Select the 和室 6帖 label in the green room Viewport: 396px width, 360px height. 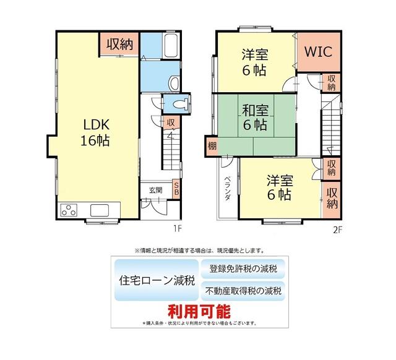254,118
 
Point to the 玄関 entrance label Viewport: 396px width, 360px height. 155,190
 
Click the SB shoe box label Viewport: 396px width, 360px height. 176,188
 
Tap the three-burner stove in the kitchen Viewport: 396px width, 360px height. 68,210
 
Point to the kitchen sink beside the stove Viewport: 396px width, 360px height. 100,209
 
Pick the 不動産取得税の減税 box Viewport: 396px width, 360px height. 243,290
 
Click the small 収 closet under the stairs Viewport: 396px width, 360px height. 169,122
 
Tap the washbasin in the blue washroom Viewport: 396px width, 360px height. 173,82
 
